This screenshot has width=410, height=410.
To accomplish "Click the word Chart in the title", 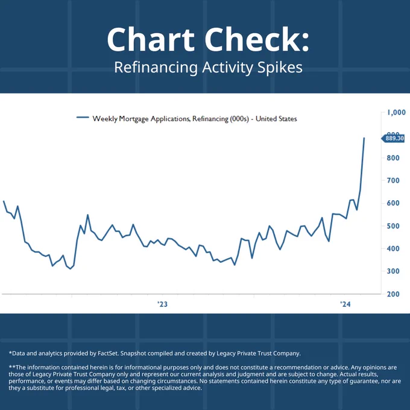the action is [x=151, y=39].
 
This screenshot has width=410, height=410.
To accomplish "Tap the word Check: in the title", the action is [x=257, y=39].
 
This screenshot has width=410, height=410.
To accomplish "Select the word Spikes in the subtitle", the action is [x=280, y=68].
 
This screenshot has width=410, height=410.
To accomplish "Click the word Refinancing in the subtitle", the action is [x=156, y=68].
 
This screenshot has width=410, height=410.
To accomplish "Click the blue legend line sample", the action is [x=83, y=118].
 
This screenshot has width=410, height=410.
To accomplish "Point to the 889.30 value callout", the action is [x=393, y=138].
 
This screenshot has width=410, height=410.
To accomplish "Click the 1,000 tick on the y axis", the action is [x=396, y=112].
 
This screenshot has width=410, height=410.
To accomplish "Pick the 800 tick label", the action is [x=393, y=158].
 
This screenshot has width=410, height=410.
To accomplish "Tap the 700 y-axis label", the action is [x=393, y=180].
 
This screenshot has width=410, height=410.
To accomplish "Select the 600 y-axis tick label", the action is [x=393, y=203].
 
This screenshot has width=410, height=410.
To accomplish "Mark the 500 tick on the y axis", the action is [x=393, y=226].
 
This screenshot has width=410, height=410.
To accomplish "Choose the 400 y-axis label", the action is [x=393, y=248].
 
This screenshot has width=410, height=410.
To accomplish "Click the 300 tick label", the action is [x=393, y=271].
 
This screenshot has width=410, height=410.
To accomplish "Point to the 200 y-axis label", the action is [x=393, y=294].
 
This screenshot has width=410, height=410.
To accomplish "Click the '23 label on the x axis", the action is [x=162, y=304].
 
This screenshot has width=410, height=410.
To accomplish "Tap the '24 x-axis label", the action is [x=345, y=304].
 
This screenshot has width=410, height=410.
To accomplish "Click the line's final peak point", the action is [x=364, y=138].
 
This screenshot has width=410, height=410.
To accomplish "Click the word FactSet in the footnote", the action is [x=108, y=353].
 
